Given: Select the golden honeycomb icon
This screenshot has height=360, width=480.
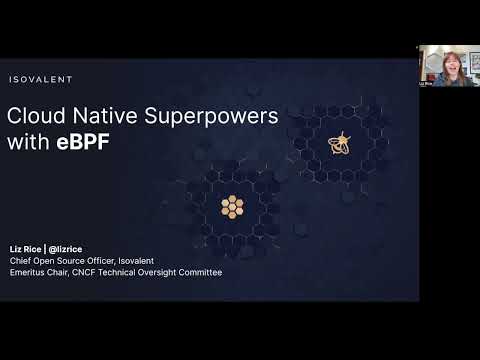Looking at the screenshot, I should pyautogui.click(x=232, y=207).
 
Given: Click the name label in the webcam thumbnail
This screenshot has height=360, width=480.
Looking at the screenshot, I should pyautogui.click(x=427, y=84).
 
